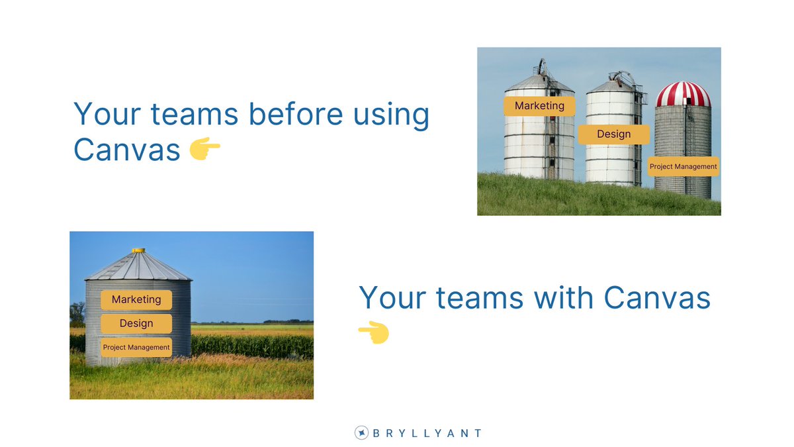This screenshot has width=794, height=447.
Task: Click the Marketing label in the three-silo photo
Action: pyautogui.click(x=539, y=106)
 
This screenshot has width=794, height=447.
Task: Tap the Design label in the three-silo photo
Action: pyautogui.click(x=613, y=134)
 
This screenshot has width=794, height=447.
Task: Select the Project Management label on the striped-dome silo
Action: pyautogui.click(x=683, y=167)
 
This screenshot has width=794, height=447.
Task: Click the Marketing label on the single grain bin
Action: pyautogui.click(x=136, y=300)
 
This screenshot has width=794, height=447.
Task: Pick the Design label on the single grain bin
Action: pyautogui.click(x=136, y=324)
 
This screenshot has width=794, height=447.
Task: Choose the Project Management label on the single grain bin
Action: pyautogui.click(x=136, y=347)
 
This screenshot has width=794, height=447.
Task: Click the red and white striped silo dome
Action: pyautogui.click(x=683, y=95)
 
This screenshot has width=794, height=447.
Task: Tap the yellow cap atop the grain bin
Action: pyautogui.click(x=138, y=250)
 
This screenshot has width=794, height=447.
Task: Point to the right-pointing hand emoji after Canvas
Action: pyautogui.click(x=205, y=151)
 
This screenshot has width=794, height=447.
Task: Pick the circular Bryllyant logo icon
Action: pyautogui.click(x=361, y=433)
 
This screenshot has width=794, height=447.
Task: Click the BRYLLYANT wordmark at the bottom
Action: pyautogui.click(x=427, y=433)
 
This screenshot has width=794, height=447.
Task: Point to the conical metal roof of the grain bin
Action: pyautogui.click(x=138, y=266)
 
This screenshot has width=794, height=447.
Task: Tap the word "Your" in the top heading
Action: pyautogui.click(x=106, y=115)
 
